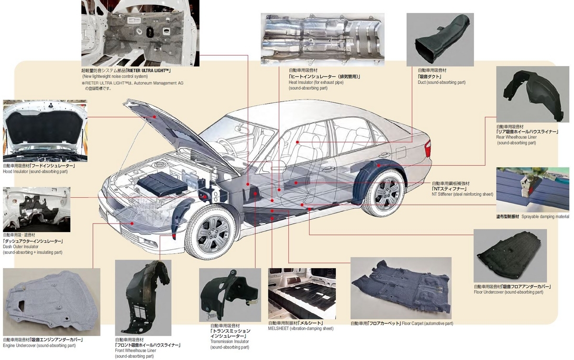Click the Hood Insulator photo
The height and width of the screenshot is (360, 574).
coord(45,131)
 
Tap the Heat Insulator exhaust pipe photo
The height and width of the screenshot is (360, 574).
coord(322,40)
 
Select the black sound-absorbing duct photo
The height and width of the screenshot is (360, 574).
coord(440,40)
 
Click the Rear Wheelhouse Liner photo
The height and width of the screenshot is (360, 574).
coord(533,94)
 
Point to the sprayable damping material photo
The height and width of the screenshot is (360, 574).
coord(533,190)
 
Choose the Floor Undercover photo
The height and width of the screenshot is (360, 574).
coord(510,256)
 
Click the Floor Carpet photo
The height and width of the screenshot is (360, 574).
coord(401,288)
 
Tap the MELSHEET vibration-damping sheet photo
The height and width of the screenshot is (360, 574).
coord(302,293)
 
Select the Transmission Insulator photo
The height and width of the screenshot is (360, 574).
coord(230,295)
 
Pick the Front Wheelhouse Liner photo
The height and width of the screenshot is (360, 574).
coord(143,298)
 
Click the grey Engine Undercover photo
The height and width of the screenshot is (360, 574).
coord(52,302)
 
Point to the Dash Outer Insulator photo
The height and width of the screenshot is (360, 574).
coord(37,210)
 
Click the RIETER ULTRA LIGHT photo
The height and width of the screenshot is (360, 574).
coord(141,33)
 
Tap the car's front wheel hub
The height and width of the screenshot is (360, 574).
coord(213,234)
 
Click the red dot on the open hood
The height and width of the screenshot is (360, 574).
coord(155,117)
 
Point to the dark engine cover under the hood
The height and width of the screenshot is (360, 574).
coord(163,183)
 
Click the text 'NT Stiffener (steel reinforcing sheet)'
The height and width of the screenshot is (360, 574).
coord(462,194)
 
